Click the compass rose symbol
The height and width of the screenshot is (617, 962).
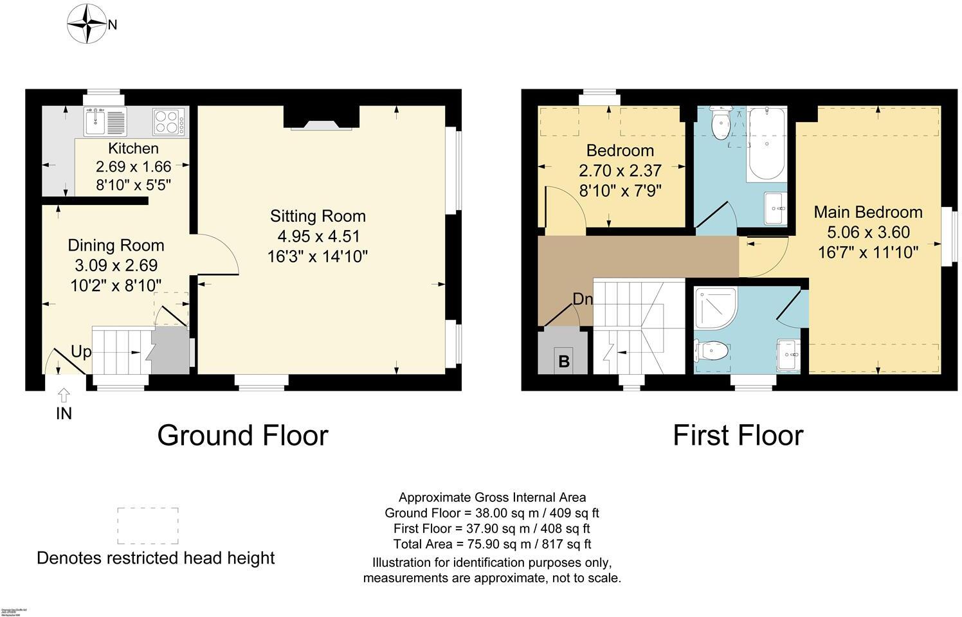(87, 24)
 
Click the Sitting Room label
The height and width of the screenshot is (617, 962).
(318, 217)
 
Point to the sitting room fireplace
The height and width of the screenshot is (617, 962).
(322, 118)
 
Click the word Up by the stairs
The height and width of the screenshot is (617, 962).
(81, 352)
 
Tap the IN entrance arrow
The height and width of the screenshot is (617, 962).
(64, 395)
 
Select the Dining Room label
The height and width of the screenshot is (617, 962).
(116, 246)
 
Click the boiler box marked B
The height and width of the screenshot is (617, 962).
(563, 360)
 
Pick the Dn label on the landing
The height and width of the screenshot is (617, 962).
(583, 300)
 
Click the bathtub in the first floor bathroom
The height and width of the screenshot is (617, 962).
(765, 145)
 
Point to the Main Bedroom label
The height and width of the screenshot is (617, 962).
(867, 212)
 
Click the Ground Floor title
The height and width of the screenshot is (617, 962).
(242, 435)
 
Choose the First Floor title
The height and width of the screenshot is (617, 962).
(738, 435)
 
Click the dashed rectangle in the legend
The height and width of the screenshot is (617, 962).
(147, 526)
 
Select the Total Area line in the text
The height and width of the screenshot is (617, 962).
(492, 544)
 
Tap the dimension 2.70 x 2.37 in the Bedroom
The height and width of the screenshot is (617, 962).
(620, 171)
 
